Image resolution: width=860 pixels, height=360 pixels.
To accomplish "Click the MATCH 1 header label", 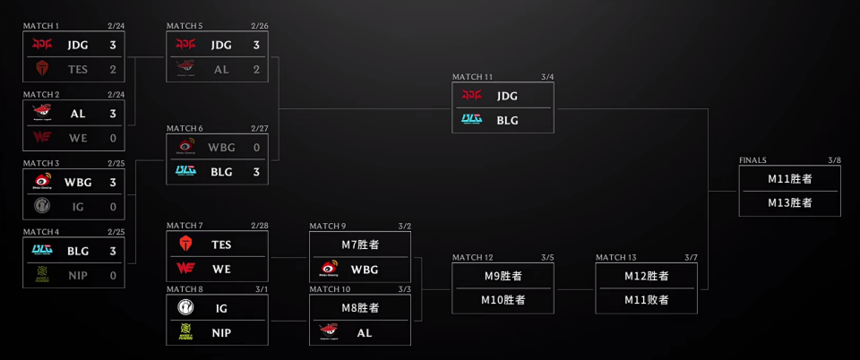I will coord(40,25).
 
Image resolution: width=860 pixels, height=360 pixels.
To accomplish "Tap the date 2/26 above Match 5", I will coord(260,25).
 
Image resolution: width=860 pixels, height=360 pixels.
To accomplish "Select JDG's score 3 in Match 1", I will coord(114,44).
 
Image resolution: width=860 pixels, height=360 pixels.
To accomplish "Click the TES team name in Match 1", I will coord(76,67).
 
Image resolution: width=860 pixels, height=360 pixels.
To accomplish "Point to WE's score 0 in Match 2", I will coord(114,137).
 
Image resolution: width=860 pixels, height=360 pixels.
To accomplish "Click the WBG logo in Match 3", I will coord(41,182).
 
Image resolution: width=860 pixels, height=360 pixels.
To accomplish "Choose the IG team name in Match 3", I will coord(76,206).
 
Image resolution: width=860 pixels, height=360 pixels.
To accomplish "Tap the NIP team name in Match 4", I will coord(76,275).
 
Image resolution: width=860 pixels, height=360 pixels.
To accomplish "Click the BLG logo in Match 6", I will coord(185,171).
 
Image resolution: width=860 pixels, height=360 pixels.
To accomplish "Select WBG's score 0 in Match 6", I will coord(257,147).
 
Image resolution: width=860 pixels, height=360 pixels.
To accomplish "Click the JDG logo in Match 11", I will coord(472,95).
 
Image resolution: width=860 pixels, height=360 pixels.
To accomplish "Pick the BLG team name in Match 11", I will coord(507,119).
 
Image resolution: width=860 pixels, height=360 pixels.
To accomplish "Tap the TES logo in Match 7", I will coord(185,244).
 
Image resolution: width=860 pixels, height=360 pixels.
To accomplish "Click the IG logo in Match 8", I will coord(185,308).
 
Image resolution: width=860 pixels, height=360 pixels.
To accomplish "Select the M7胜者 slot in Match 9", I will coord(361,244).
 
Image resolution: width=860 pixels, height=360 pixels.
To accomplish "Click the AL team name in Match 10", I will coord(363,331).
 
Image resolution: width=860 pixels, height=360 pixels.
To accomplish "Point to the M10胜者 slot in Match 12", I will coord(503,299).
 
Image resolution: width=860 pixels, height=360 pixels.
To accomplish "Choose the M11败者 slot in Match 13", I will coord(647,299).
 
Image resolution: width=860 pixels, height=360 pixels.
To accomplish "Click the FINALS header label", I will coord(752,160).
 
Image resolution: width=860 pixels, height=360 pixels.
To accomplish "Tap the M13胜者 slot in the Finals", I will coord(790,202).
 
